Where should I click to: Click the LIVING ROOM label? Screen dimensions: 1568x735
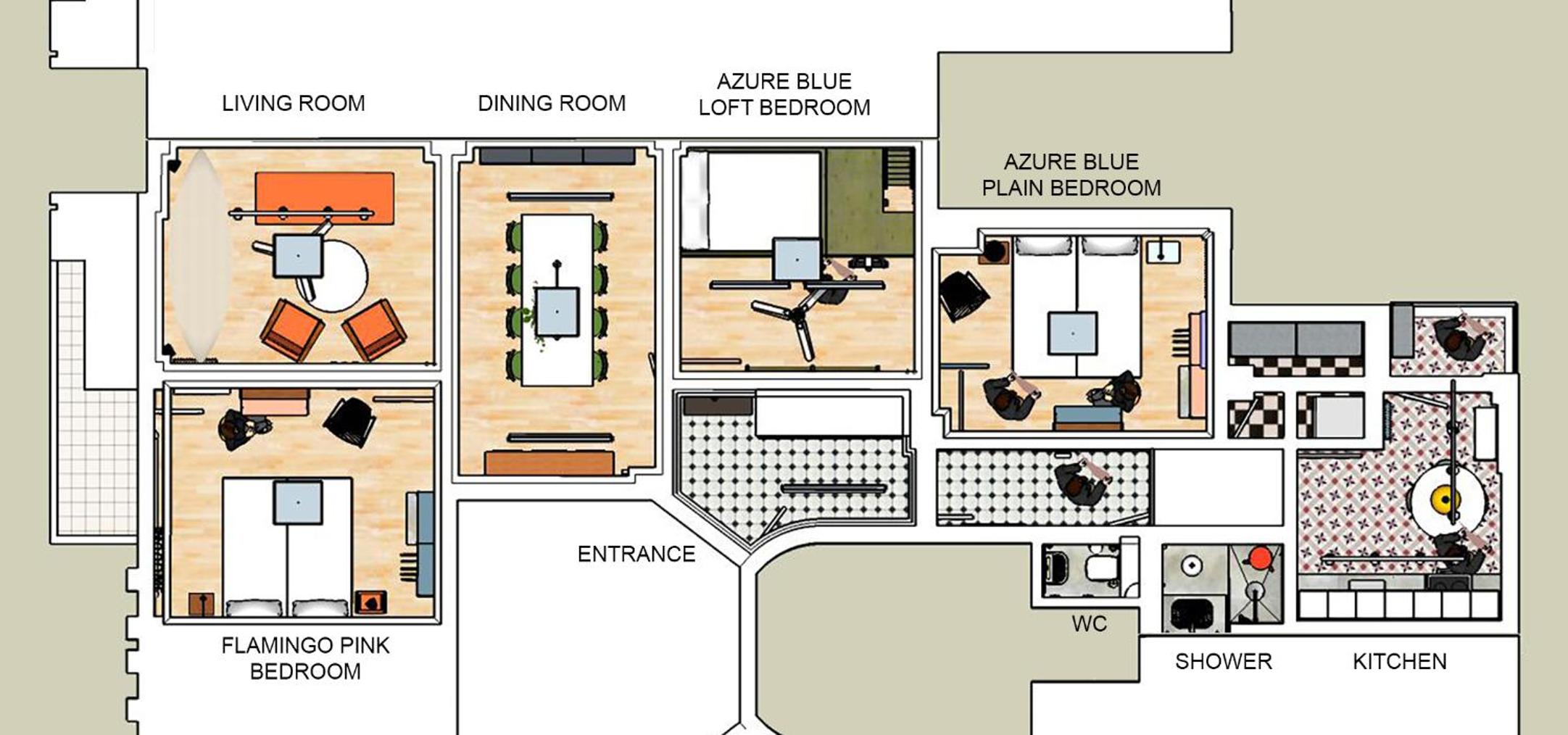294,104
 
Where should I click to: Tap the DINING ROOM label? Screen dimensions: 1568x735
552,104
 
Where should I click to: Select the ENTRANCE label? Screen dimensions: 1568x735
636,555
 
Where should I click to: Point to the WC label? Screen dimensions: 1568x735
1090,624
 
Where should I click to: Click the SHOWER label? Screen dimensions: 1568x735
1224,662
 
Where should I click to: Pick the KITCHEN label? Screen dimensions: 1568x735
1400,662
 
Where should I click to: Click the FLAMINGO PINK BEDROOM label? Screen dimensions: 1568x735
305,658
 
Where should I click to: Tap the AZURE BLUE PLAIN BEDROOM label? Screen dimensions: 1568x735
1071,175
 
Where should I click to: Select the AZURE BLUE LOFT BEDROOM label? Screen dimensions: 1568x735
784,94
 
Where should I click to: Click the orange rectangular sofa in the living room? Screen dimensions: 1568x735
325,198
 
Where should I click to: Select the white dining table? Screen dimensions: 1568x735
557,299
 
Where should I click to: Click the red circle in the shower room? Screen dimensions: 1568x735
1260,557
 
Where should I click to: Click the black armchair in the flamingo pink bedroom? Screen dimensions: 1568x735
350,421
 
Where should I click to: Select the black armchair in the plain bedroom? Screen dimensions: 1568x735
963,296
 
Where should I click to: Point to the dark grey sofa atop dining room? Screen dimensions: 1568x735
557,156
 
